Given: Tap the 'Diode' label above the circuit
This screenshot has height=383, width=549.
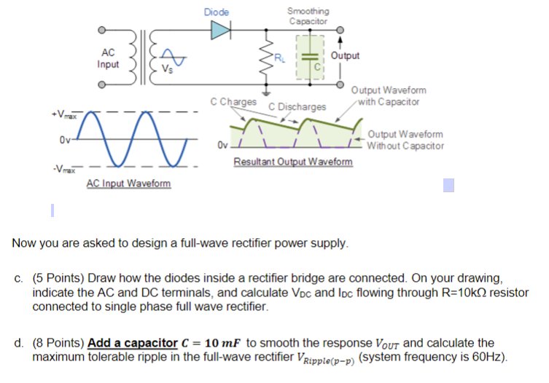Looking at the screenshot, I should [x=217, y=12].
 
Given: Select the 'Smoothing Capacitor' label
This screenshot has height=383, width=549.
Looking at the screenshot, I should [x=308, y=16].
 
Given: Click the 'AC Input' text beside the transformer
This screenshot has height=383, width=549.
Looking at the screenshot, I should [x=108, y=59].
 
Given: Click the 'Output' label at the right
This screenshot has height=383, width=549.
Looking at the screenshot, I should [x=345, y=56].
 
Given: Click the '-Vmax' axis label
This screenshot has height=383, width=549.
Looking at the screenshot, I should [x=62, y=170].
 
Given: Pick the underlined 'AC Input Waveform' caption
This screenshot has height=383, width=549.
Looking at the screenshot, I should [x=128, y=183].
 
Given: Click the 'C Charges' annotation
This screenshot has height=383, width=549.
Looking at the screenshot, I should [x=233, y=103].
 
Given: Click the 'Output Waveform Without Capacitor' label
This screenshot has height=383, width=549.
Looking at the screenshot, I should [x=405, y=141].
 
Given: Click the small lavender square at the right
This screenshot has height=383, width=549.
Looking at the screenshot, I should [x=448, y=186].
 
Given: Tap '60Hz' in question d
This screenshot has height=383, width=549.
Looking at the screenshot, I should [x=488, y=357].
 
